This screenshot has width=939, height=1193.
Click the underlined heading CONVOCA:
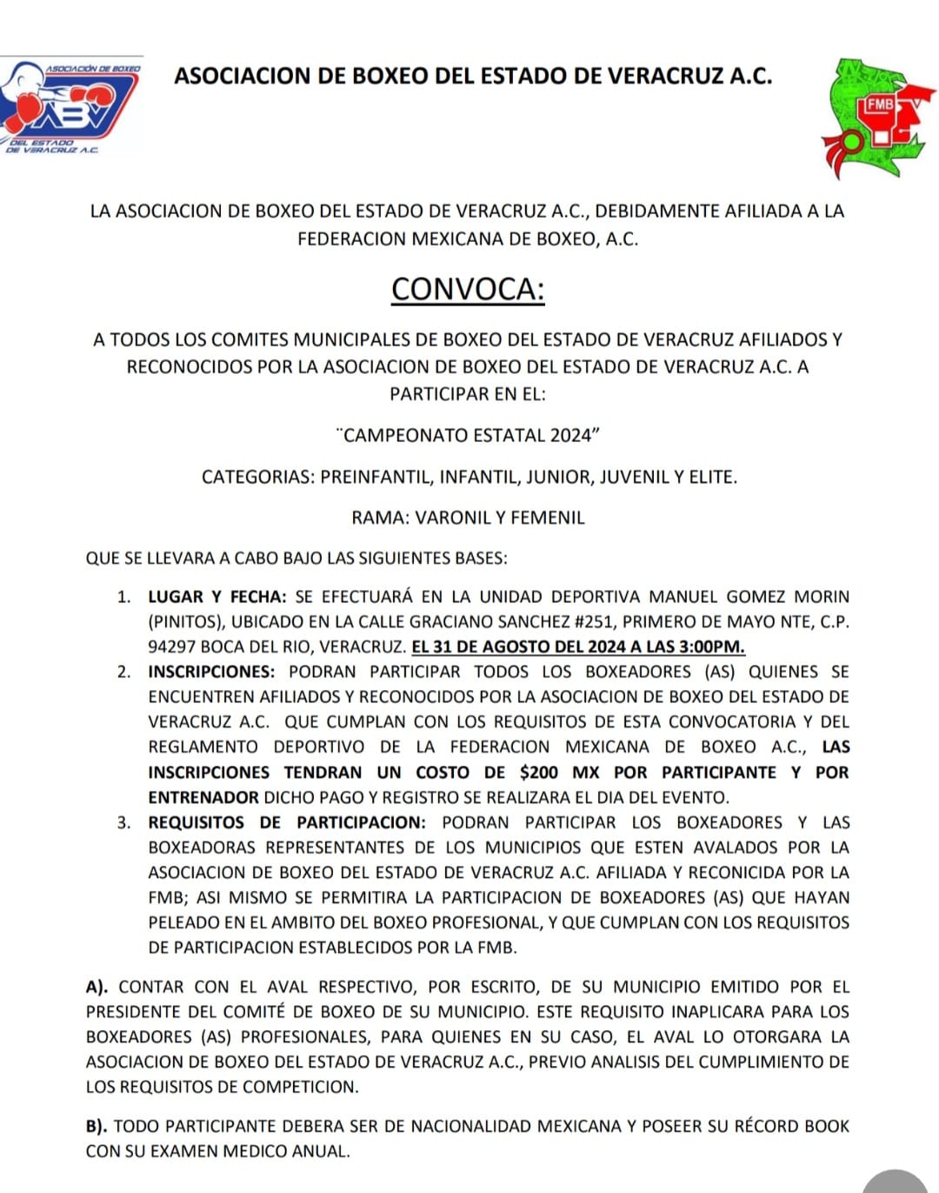pyautogui.click(x=468, y=289)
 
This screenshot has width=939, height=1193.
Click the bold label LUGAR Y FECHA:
pyautogui.click(x=216, y=597)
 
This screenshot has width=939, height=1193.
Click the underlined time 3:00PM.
pyautogui.click(x=710, y=647)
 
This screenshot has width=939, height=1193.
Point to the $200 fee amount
pyautogui.click(x=539, y=772)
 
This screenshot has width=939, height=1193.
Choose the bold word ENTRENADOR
pyautogui.click(x=203, y=797)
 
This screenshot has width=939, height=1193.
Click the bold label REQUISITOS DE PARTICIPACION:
pyautogui.click(x=287, y=822)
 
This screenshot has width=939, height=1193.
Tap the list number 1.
pyautogui.click(x=123, y=597)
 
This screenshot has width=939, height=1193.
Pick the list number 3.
pyautogui.click(x=123, y=822)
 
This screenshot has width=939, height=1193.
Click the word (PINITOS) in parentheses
pyautogui.click(x=186, y=622)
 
